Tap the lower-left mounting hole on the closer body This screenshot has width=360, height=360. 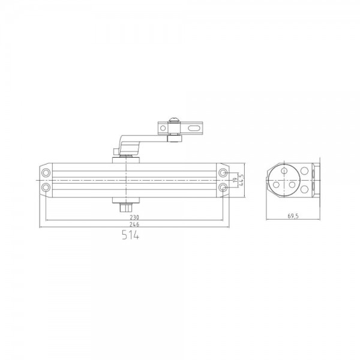46,188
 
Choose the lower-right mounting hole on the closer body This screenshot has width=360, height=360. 223,188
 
